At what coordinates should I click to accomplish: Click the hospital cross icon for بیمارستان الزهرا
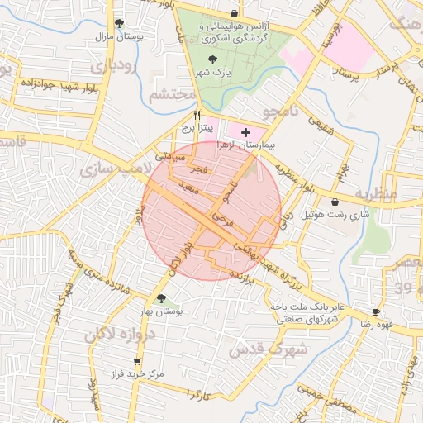245,132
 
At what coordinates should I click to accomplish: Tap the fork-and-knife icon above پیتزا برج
197,116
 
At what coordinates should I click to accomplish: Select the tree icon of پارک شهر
215,59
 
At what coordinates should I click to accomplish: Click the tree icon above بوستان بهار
162,299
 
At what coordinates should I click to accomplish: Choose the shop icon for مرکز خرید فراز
136,362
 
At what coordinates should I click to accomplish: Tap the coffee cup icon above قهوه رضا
377,311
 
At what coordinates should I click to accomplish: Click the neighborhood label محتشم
173,95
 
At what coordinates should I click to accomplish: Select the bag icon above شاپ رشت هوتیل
335,202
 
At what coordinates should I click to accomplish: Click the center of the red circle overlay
211,211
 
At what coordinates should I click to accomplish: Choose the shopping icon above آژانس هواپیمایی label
234,13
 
